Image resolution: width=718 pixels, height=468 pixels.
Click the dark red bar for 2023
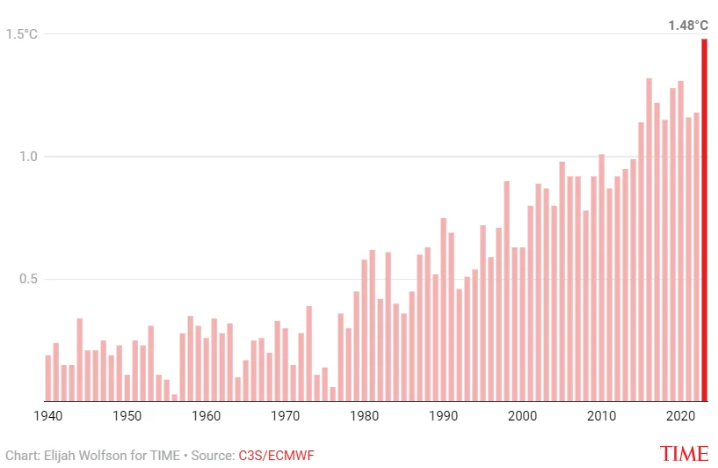click(704, 220)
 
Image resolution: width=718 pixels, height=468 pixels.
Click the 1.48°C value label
click(687, 26)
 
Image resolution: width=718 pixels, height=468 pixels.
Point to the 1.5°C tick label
click(22, 34)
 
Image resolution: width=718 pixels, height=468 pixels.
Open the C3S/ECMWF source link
click(276, 455)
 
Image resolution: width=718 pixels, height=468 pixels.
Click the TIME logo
click(684, 454)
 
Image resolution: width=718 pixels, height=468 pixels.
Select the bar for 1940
click(48, 378)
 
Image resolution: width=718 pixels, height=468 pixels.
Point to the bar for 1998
click(506, 291)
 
